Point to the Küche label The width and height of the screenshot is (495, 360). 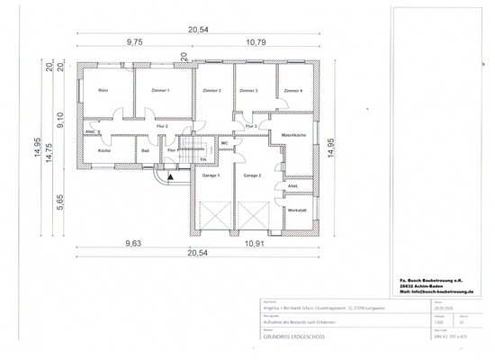click(103, 150)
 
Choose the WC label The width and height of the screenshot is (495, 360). click(224, 143)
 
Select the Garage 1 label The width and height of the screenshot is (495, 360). click(211, 175)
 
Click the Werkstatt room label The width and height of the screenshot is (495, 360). click(297, 211)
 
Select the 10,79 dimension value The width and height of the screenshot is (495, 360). click(257, 41)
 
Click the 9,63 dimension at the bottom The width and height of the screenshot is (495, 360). click(133, 243)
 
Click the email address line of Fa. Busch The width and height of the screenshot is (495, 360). click(436, 292)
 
